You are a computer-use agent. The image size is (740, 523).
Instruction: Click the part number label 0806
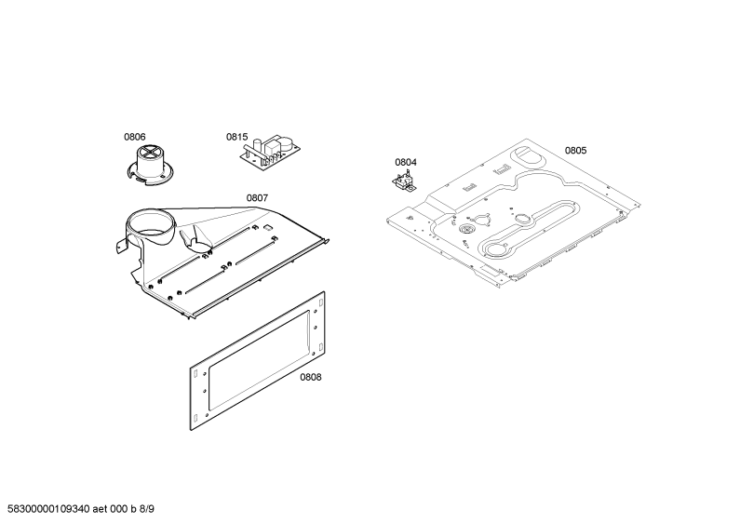coord(134,137)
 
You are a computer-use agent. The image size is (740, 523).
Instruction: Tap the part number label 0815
coord(237,137)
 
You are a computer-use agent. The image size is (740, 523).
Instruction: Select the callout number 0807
coord(257,198)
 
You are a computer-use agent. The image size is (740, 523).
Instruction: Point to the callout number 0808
coord(311,377)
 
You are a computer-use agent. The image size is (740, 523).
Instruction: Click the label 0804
coord(406,162)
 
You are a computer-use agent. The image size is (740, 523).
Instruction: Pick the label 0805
coord(576,151)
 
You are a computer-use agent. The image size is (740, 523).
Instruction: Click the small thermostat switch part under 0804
coord(404,182)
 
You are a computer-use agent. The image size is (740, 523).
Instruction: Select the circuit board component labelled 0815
coord(270,151)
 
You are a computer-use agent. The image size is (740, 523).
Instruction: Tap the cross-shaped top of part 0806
coord(149,153)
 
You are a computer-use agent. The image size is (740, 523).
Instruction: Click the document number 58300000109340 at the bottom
coord(48,509)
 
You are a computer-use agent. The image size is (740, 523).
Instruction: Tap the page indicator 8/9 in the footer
coord(147,509)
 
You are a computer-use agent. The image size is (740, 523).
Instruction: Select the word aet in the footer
coord(100,509)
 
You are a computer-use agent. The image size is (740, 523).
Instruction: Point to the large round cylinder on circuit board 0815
coord(286,143)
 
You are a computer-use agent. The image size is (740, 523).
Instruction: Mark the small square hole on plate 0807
coord(267,227)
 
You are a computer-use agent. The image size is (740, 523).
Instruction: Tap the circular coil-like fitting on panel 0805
coord(466,230)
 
